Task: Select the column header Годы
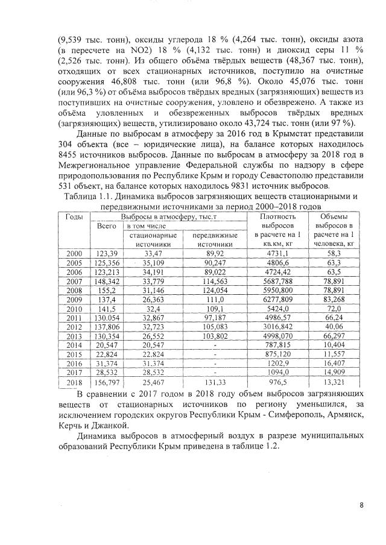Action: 74,216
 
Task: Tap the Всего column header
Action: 106,225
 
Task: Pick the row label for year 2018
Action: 74,383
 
